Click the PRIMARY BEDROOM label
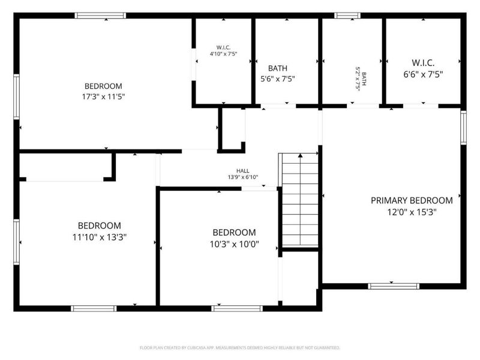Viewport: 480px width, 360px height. [411, 200]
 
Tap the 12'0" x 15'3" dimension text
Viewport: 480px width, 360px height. [411, 211]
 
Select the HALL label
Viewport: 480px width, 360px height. [242, 170]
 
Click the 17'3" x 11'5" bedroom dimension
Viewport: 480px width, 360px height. [103, 96]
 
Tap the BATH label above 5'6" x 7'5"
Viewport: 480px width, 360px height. [277, 68]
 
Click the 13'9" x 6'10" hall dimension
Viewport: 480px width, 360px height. [242, 177]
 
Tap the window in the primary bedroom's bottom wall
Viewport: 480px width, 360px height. [393, 286]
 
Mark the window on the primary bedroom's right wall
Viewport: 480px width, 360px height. [463, 127]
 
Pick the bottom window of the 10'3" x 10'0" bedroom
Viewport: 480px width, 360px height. [237, 308]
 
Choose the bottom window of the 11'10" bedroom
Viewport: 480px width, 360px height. [93, 308]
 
